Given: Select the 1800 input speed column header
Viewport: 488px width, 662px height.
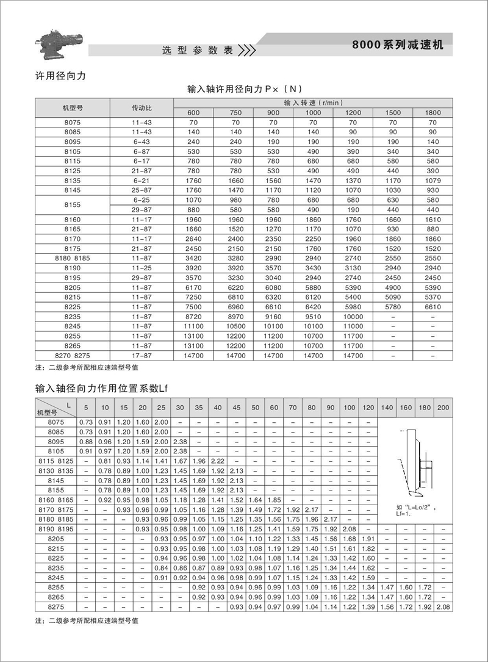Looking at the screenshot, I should pyautogui.click(x=432, y=113).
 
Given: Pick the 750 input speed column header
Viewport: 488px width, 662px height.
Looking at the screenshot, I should pyautogui.click(x=235, y=113).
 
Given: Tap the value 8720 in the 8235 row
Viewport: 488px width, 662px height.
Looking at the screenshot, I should pyautogui.click(x=193, y=317).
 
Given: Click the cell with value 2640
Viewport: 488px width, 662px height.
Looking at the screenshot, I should pyautogui.click(x=193, y=240).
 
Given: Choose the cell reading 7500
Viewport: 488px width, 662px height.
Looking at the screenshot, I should pyautogui.click(x=193, y=308).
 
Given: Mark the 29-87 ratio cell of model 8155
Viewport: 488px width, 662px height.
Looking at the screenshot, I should pyautogui.click(x=142, y=210).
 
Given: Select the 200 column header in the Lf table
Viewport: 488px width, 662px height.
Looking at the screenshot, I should pyautogui.click(x=443, y=407).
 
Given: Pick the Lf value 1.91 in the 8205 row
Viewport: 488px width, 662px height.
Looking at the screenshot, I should pyautogui.click(x=368, y=539).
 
